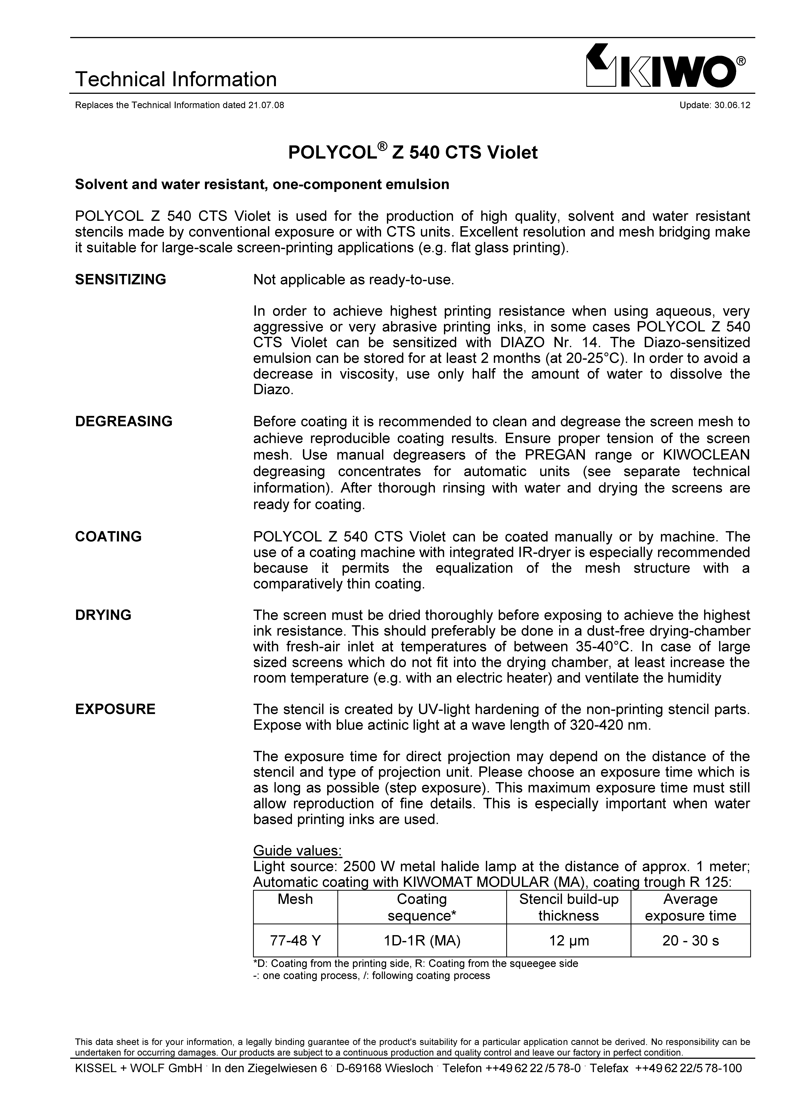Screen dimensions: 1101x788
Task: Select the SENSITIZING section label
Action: click(x=120, y=280)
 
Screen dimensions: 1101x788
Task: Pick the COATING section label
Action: click(x=108, y=537)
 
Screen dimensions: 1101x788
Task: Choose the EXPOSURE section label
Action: click(x=115, y=709)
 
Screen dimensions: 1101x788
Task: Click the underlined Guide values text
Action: click(x=298, y=851)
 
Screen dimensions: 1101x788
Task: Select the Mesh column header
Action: click(x=295, y=899)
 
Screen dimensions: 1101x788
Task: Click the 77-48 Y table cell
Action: click(x=295, y=941)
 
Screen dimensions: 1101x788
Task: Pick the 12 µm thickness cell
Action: click(x=569, y=941)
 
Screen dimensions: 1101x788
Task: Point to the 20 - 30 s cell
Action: click(x=690, y=941)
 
